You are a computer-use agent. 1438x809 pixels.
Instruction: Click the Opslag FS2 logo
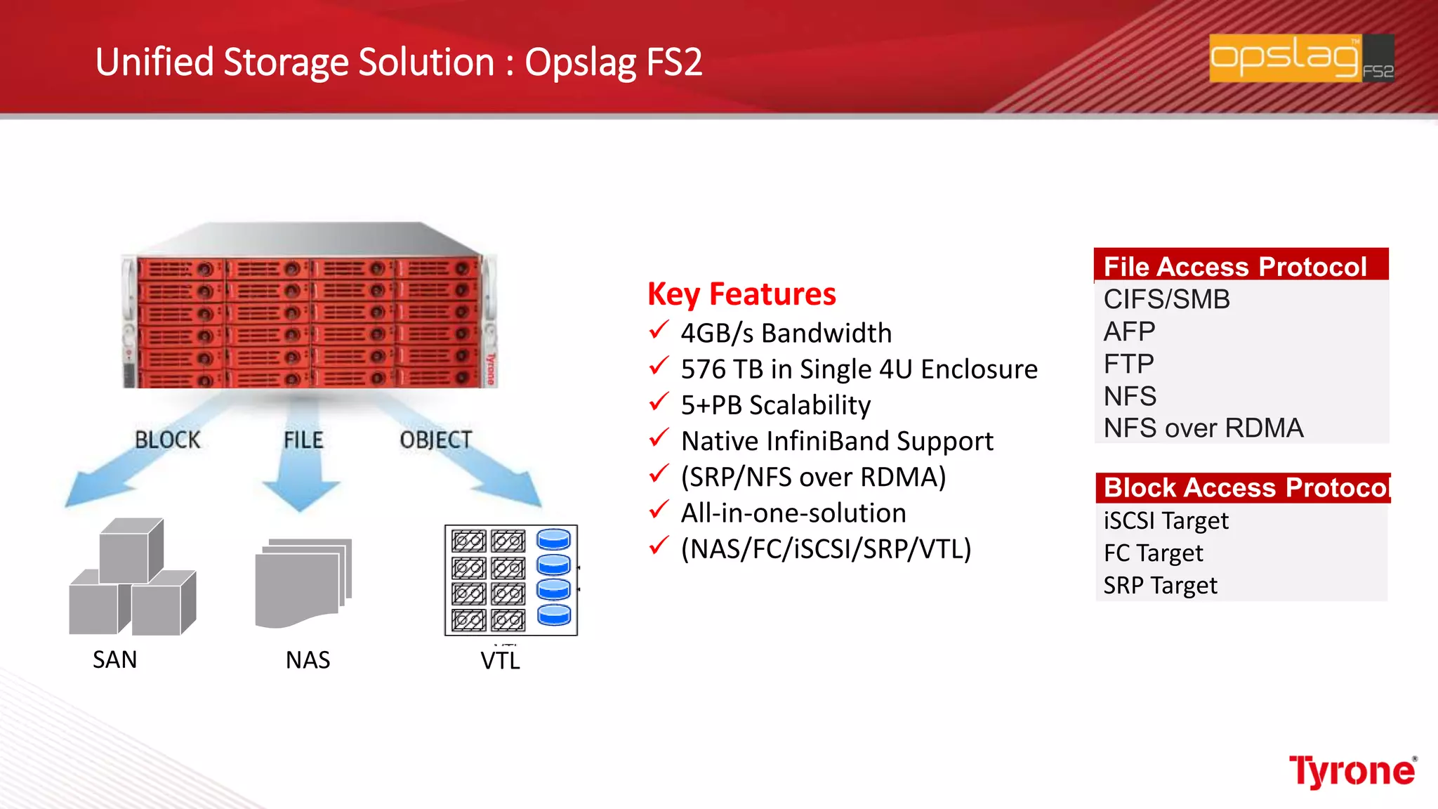click(x=1301, y=58)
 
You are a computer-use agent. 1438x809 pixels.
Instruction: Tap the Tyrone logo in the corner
click(x=1352, y=772)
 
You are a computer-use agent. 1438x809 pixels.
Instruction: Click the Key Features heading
click(x=741, y=294)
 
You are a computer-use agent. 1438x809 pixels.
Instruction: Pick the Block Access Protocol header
click(x=1243, y=487)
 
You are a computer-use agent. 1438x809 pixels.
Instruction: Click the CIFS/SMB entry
click(x=1166, y=299)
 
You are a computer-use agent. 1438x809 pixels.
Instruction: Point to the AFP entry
click(x=1129, y=331)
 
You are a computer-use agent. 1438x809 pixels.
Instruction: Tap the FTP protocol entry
click(x=1128, y=364)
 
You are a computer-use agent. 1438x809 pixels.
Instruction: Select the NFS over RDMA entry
click(x=1203, y=428)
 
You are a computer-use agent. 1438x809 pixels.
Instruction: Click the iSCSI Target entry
click(x=1166, y=520)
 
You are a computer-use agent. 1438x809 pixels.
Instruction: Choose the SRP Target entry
click(x=1160, y=585)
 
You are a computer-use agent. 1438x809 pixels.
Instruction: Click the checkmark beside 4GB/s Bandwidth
click(x=659, y=329)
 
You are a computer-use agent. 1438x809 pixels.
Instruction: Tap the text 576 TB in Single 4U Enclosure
click(x=859, y=369)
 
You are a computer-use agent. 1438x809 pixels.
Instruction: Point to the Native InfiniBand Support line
click(x=837, y=441)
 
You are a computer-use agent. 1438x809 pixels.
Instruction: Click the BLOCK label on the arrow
click(x=167, y=440)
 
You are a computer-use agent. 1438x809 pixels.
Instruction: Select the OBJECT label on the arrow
click(x=435, y=440)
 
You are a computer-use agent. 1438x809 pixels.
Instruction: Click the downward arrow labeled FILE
click(x=302, y=478)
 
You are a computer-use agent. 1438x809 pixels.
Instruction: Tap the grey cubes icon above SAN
click(x=132, y=577)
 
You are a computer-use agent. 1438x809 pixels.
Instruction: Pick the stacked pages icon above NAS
click(x=303, y=583)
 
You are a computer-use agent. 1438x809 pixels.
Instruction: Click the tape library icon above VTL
click(x=511, y=580)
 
